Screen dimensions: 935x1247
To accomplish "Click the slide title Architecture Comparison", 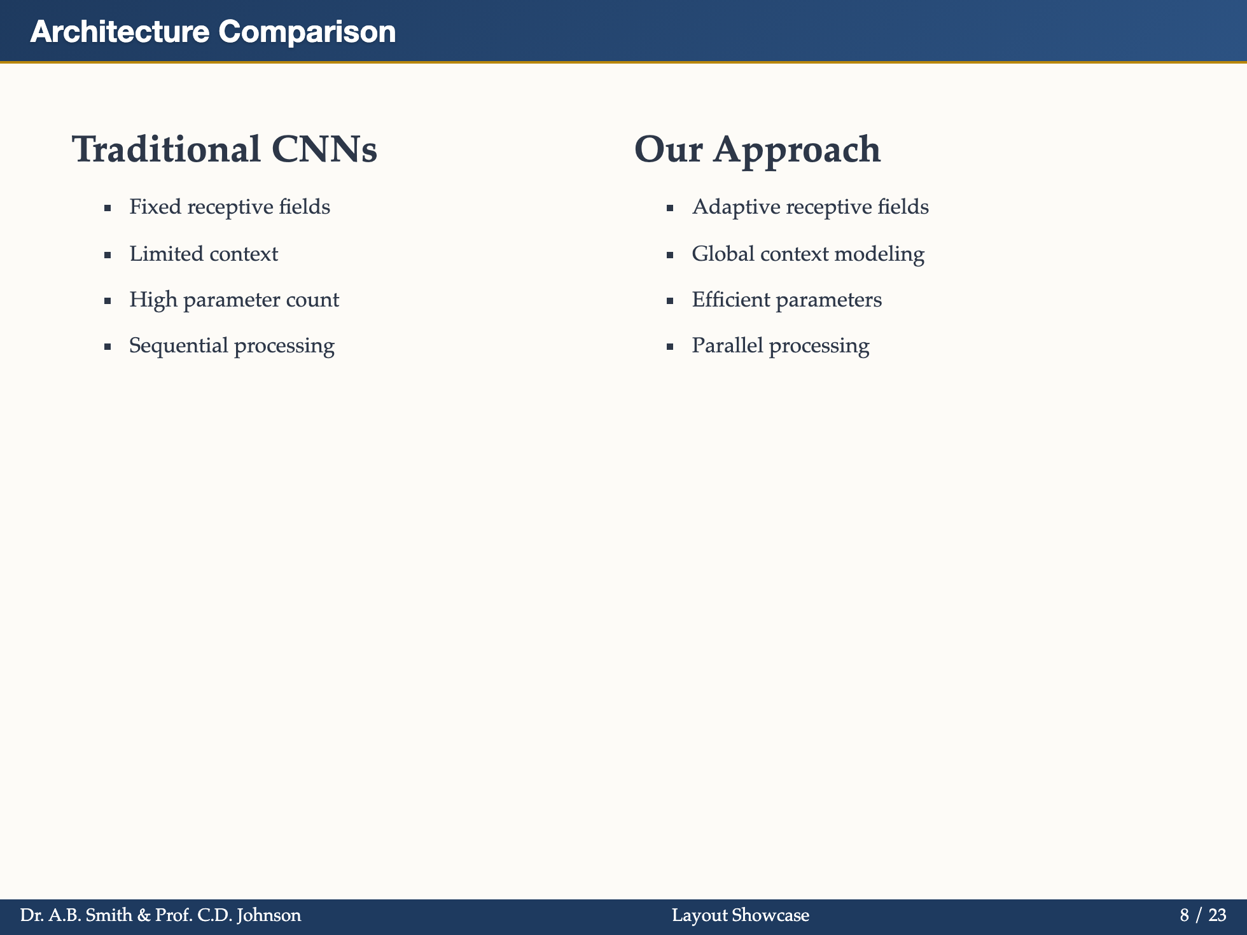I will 212,32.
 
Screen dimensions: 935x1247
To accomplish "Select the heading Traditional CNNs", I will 225,150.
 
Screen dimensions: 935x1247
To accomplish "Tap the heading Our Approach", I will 757,150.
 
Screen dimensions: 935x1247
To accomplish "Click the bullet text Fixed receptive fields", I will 229,207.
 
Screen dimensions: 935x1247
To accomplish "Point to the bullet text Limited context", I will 204,254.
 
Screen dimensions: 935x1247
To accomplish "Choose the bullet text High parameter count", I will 234,300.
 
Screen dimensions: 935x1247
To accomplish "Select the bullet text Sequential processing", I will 232,346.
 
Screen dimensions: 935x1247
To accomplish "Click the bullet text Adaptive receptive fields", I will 810,207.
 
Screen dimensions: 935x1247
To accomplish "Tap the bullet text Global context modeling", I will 808,254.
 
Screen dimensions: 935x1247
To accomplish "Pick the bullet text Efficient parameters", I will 786,300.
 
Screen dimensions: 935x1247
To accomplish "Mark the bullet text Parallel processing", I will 780,346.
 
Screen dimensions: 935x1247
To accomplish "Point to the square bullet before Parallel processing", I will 670,347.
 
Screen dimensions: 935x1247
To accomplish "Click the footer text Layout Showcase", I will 741,916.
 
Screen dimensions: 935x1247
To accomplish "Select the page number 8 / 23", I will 1202,916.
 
